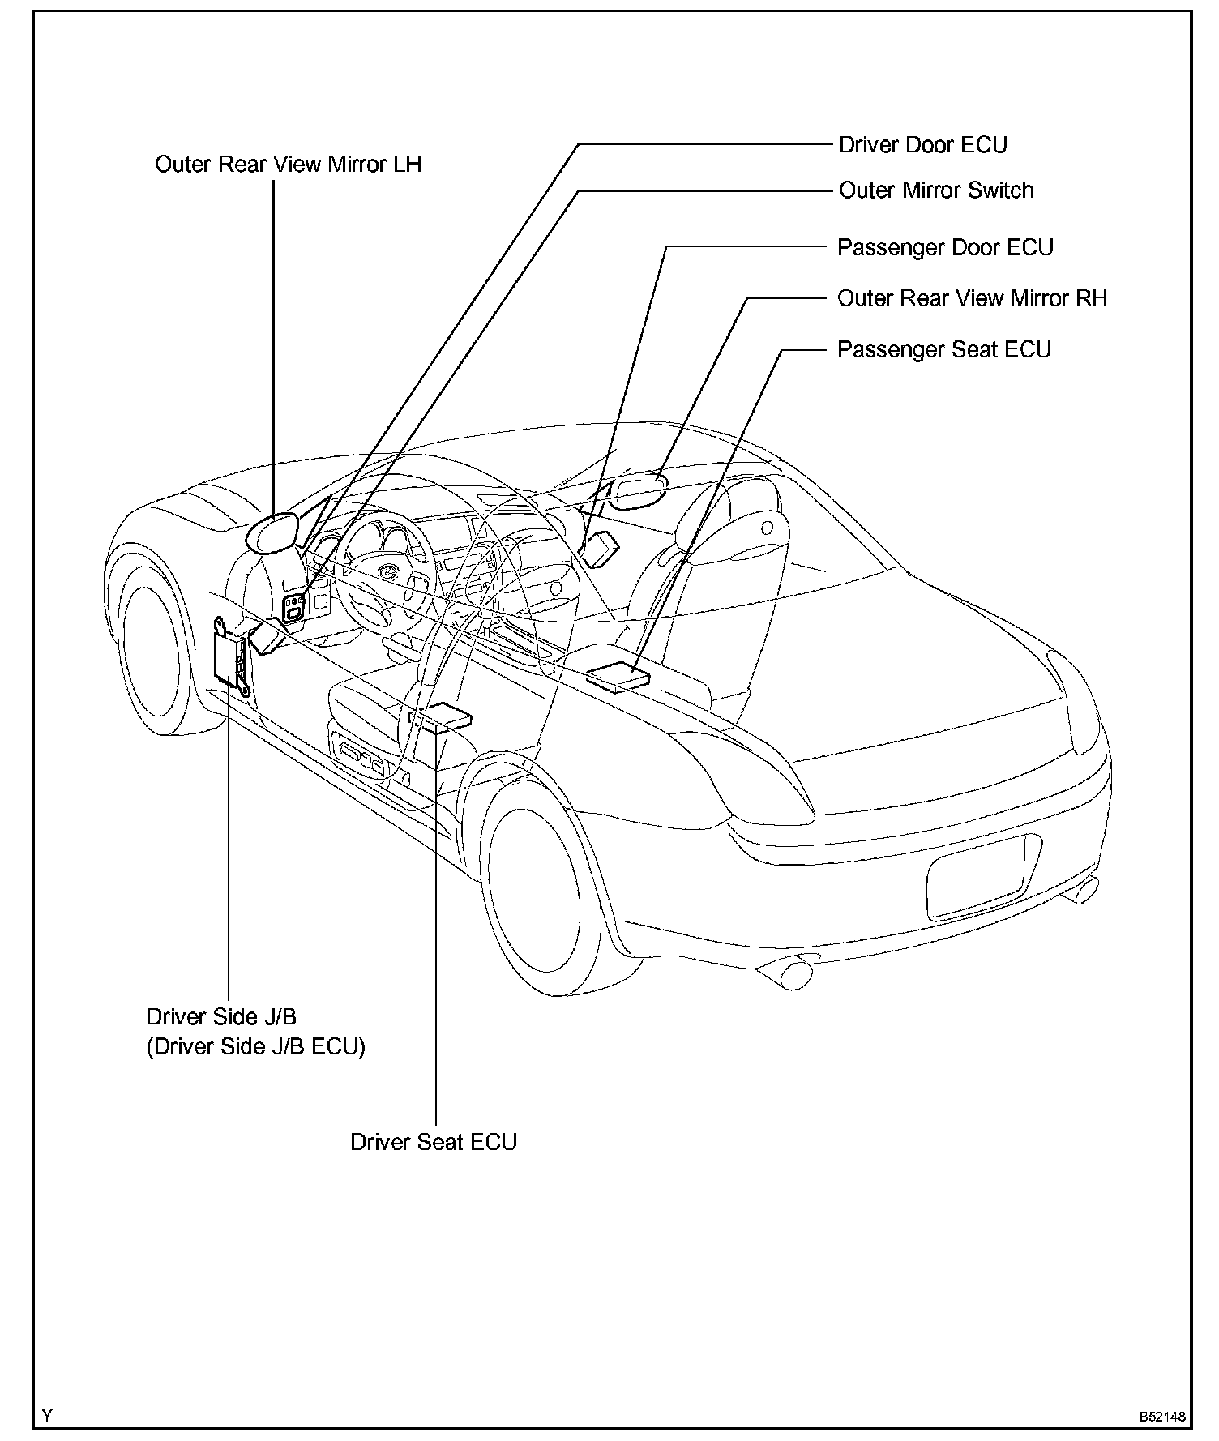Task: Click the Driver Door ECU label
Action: [x=922, y=145]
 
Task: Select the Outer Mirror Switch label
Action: [x=936, y=190]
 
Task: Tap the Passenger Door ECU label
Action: [x=945, y=247]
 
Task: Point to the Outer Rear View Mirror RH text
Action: [x=972, y=298]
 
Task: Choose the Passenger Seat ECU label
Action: [x=943, y=349]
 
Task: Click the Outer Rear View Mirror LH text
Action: [x=288, y=165]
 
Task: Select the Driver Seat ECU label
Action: [x=434, y=1142]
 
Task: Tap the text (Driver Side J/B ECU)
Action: [x=255, y=1046]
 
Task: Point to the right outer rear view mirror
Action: [x=638, y=492]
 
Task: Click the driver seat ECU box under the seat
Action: [x=442, y=718]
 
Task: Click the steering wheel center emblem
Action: [x=387, y=571]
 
